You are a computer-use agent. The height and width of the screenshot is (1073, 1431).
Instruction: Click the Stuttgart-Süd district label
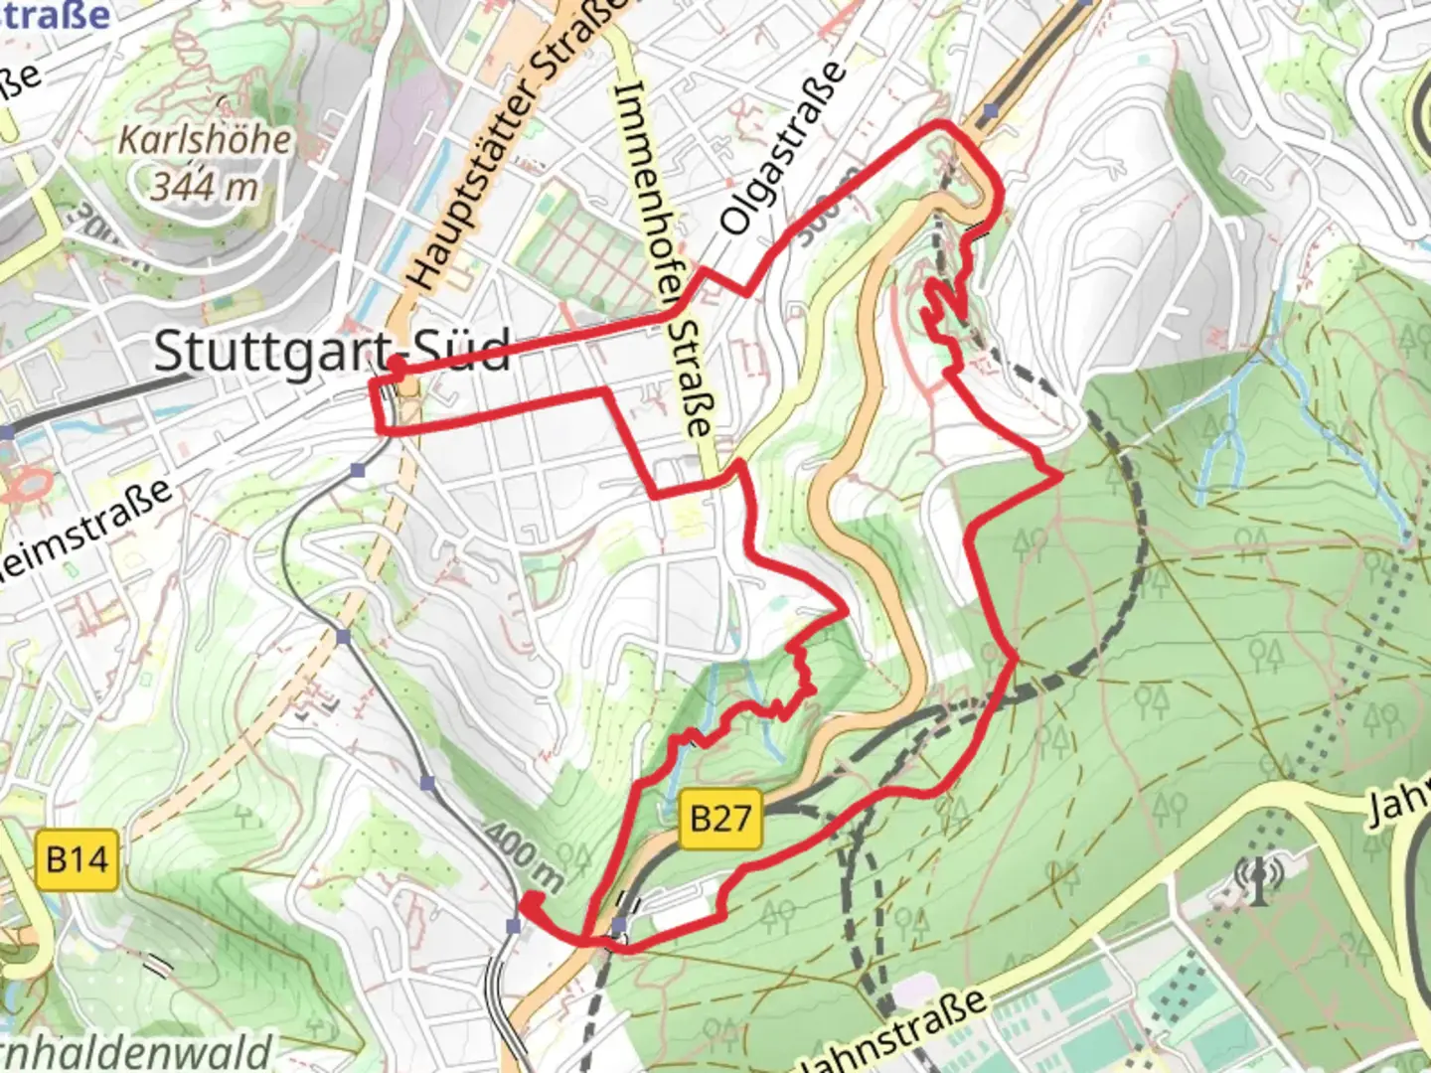(332, 351)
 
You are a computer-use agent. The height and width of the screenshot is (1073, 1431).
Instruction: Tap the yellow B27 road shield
(720, 819)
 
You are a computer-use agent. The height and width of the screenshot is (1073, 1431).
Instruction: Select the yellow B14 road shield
(77, 858)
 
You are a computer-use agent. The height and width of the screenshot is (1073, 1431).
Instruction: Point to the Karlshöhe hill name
(206, 140)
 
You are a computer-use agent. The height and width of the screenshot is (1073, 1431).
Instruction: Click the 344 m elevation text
(205, 186)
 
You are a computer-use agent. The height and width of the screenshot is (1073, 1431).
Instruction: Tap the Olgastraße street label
(785, 149)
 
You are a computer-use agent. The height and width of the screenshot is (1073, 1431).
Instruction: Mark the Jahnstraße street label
(894, 1033)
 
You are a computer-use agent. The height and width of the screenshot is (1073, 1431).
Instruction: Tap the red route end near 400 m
(529, 901)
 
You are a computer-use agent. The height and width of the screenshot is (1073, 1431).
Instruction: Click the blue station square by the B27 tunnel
(619, 926)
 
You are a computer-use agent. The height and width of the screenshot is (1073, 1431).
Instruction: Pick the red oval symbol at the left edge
(28, 486)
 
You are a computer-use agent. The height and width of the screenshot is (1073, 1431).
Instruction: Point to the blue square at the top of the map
(991, 113)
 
